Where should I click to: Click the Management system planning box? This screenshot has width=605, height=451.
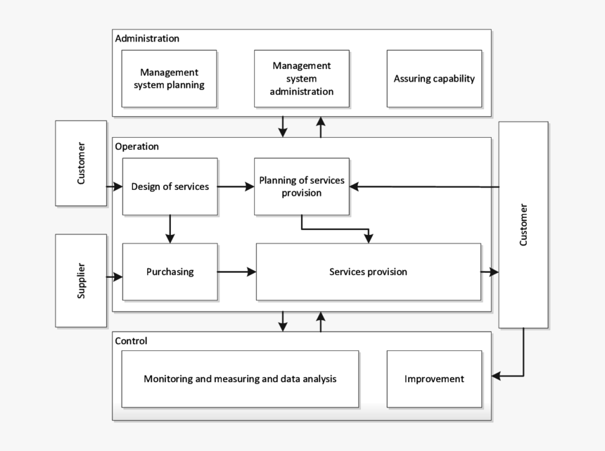point(169,78)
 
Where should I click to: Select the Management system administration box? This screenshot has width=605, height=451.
point(302,78)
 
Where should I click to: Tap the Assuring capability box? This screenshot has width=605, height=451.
point(434,78)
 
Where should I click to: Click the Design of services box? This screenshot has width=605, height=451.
point(170,186)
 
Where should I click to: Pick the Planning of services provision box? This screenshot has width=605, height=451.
point(302,186)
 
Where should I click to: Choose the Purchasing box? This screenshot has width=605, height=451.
point(170,272)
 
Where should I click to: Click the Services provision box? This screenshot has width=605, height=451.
point(368,272)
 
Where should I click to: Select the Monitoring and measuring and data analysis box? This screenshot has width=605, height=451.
point(240,379)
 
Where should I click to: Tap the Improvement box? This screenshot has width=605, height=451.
point(434,379)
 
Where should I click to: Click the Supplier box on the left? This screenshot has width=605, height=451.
point(81,280)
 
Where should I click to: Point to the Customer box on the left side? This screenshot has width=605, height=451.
point(81,163)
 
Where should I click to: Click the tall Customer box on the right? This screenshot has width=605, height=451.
point(523,224)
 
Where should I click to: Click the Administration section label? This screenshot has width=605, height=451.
point(147,39)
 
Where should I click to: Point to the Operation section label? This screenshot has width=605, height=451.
point(136,146)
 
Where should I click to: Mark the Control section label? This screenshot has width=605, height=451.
point(131,341)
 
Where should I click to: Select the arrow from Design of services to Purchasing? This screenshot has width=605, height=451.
point(170,229)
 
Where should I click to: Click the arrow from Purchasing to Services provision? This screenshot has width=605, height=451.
point(236,272)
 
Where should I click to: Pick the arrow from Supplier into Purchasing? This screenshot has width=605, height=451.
point(115,277)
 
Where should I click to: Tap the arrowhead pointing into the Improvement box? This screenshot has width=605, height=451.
point(497,376)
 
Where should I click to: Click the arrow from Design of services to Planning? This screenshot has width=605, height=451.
point(236,186)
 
